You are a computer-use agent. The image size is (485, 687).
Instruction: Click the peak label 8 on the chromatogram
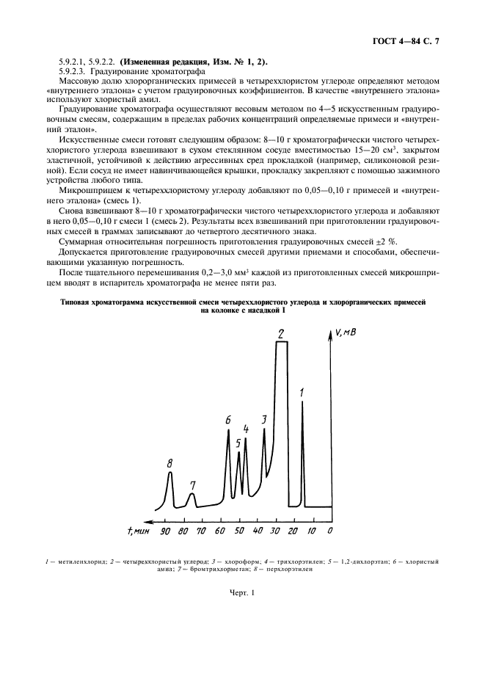pyautogui.click(x=169, y=463)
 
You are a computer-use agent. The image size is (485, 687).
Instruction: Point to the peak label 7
pyautogui.click(x=192, y=485)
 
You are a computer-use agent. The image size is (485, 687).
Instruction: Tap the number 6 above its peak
pyautogui.click(x=228, y=421)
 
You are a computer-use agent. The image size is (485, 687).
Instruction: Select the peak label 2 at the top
pyautogui.click(x=281, y=335)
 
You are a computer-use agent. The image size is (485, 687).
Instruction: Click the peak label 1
pyautogui.click(x=302, y=393)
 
